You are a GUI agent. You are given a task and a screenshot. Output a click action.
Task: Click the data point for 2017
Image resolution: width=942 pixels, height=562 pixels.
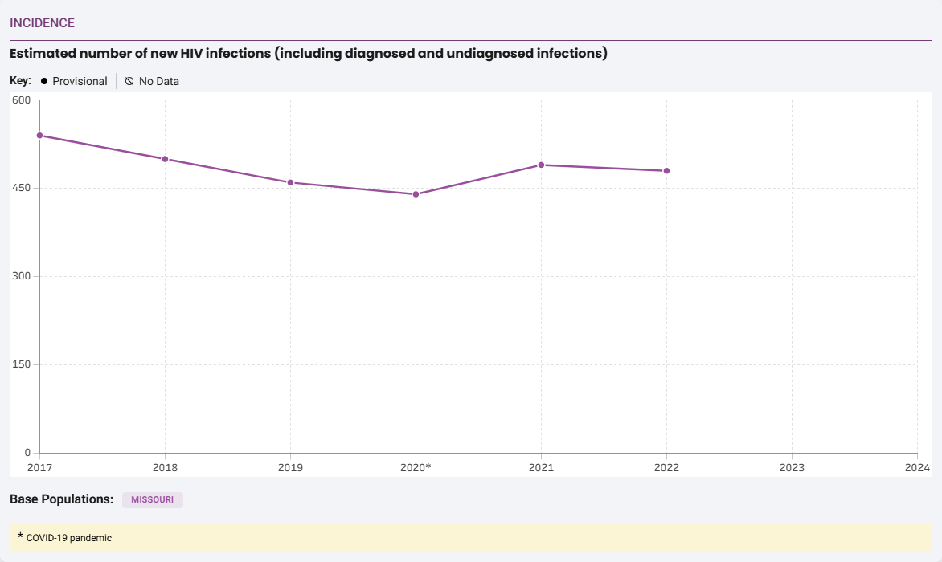pyautogui.click(x=39, y=136)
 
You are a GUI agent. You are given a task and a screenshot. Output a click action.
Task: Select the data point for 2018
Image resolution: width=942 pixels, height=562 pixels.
pyautogui.click(x=165, y=159)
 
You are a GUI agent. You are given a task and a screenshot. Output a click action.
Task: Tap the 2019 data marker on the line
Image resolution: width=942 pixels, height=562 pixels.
pyautogui.click(x=290, y=182)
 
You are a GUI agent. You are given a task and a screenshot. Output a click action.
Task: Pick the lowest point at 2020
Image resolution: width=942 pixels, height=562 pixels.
pyautogui.click(x=416, y=194)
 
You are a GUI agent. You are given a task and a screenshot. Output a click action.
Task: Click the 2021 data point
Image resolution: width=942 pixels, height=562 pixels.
pyautogui.click(x=541, y=165)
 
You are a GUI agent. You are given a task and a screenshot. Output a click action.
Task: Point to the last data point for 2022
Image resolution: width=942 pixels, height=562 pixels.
pyautogui.click(x=666, y=171)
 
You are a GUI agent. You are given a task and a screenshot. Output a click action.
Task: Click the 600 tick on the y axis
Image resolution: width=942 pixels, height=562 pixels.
pyautogui.click(x=21, y=100)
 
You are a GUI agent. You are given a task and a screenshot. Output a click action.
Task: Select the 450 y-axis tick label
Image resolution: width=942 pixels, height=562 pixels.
pyautogui.click(x=21, y=189)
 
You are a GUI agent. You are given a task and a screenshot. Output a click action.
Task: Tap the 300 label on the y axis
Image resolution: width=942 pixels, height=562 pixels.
pyautogui.click(x=21, y=277)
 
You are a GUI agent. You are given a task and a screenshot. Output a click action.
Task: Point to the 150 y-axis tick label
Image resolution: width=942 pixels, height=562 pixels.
pyautogui.click(x=21, y=365)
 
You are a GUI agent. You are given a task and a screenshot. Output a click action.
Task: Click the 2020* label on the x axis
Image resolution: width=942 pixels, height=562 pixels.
pyautogui.click(x=416, y=467)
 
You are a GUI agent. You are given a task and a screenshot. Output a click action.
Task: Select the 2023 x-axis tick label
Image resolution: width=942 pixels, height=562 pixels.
pyautogui.click(x=792, y=467)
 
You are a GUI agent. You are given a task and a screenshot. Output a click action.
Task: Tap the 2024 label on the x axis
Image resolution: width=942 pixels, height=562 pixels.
pyautogui.click(x=916, y=467)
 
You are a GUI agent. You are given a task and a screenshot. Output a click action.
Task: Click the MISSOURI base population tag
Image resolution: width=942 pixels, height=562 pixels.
pyautogui.click(x=153, y=500)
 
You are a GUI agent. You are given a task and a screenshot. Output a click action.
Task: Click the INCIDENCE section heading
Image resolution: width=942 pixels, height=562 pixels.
pyautogui.click(x=42, y=23)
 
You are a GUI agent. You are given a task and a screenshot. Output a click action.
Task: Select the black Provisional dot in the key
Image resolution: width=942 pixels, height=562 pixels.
pyautogui.click(x=44, y=81)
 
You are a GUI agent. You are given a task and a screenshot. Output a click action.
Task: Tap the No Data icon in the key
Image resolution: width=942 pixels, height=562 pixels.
pyautogui.click(x=129, y=81)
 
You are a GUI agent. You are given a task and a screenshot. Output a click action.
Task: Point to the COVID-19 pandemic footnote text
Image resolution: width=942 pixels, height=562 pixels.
pyautogui.click(x=69, y=538)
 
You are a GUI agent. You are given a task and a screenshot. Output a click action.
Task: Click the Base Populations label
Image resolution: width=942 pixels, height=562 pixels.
pyautogui.click(x=61, y=499)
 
